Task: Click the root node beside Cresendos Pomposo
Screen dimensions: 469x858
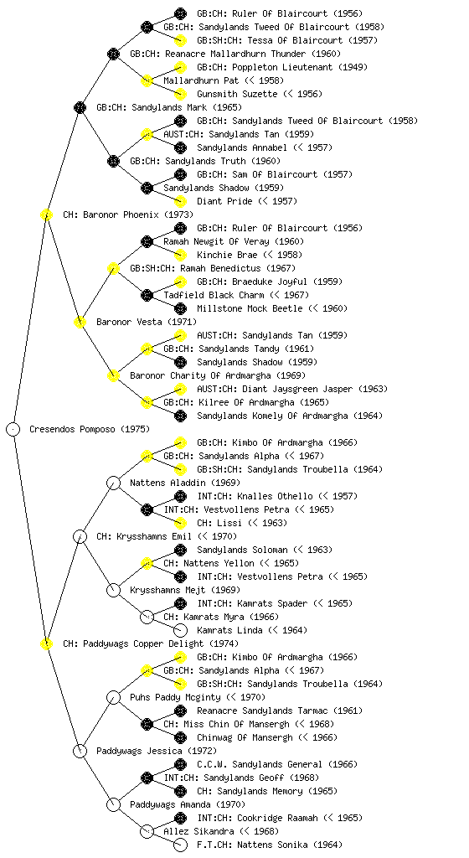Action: coord(13,429)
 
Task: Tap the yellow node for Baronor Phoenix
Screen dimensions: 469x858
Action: coord(46,214)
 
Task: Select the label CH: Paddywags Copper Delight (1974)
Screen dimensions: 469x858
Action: coord(151,643)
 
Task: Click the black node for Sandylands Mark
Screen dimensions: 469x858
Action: coord(80,107)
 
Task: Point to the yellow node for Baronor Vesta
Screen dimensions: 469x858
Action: coord(80,322)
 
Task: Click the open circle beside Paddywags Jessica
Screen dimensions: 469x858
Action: coord(80,751)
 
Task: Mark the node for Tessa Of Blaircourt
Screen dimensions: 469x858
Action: coord(180,40)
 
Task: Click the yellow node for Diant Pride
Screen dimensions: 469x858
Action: coord(180,201)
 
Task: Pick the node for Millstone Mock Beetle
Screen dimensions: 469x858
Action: coord(180,308)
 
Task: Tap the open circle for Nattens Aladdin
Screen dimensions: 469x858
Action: coord(113,483)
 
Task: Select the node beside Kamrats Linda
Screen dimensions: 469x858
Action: coord(180,630)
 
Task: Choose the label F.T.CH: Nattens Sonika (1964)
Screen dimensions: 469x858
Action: coord(270,845)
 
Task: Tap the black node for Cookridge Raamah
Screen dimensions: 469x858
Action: coord(180,818)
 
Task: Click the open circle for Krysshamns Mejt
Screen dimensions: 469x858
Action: coord(113,590)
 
